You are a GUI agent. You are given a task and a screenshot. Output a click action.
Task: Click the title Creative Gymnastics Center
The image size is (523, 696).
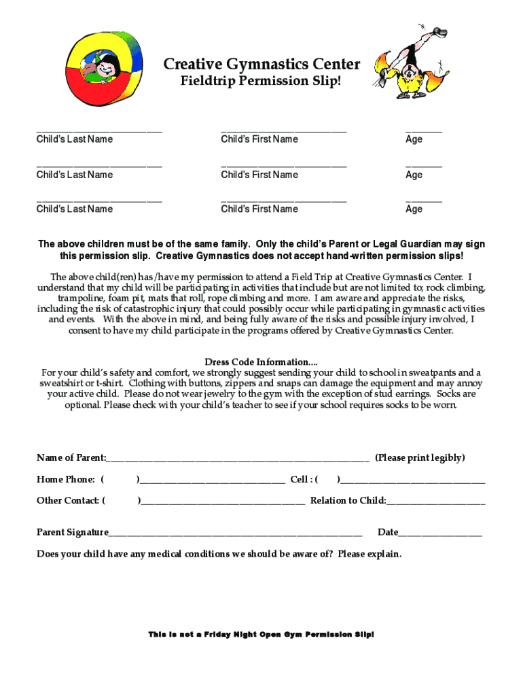[x=261, y=65]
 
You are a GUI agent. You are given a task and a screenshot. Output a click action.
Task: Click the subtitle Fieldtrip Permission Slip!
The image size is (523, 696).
[x=261, y=82]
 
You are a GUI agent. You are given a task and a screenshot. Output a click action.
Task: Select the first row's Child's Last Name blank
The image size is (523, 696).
[x=99, y=128]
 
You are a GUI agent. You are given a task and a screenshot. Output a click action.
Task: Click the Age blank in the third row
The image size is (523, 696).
[x=423, y=199]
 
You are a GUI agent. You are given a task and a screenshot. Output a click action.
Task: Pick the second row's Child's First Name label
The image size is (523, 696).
[x=259, y=175]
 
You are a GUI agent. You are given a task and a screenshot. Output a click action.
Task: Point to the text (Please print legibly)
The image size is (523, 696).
[x=420, y=458]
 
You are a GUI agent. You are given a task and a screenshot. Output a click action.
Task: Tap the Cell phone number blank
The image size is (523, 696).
[x=412, y=481]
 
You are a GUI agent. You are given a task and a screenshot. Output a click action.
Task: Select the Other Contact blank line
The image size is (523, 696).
[x=223, y=502]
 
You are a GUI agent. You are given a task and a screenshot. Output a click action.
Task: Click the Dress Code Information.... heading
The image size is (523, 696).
[x=261, y=362]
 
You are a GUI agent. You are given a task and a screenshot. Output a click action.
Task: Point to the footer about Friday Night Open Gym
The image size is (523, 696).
[x=261, y=634]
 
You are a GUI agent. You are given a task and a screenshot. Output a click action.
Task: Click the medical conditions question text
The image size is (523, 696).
[x=219, y=554]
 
